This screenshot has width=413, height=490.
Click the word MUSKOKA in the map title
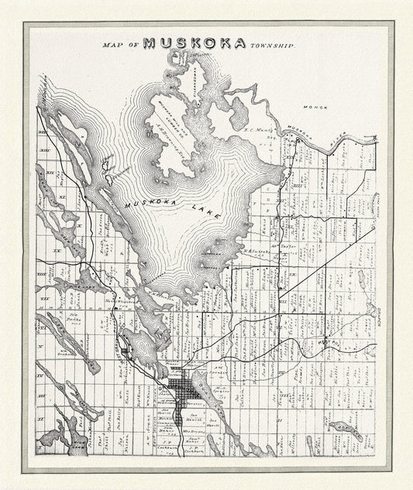195,44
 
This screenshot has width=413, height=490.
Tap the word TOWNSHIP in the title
272,46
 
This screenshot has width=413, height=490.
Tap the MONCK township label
316,107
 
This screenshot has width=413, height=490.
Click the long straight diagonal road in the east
325,255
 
